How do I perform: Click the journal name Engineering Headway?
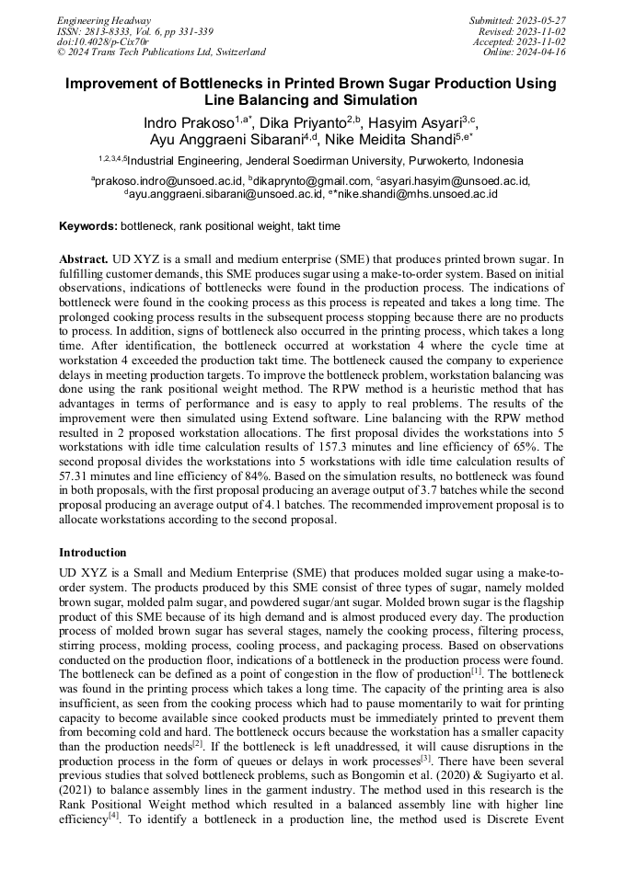(104, 20)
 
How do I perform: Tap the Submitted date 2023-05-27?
(542, 20)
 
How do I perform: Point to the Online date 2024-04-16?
(542, 52)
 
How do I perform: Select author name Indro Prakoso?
(187, 123)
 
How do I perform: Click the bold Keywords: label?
(87, 226)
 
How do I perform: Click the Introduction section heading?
(93, 553)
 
